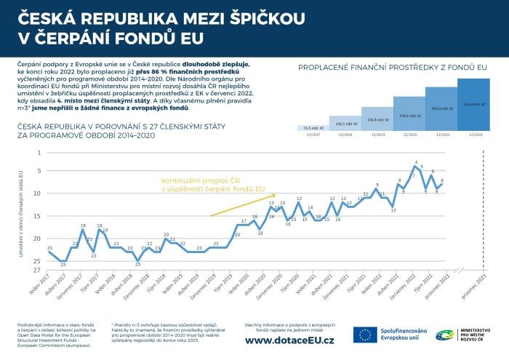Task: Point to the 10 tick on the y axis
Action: click(39, 193)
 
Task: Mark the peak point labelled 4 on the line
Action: click(415, 167)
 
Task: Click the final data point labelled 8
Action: click(441, 185)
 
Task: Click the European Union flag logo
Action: click(366, 335)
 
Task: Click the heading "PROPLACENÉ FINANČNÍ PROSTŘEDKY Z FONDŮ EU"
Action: click(393, 68)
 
